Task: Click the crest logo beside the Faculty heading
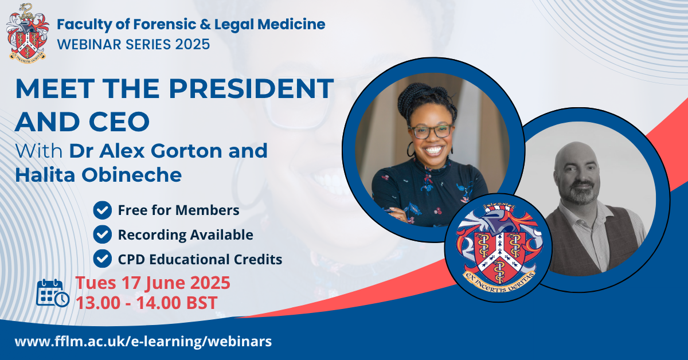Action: click(28, 33)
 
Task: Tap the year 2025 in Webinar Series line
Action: click(193, 45)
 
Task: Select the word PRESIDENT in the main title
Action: click(251, 88)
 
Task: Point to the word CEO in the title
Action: click(119, 122)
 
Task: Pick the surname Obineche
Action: click(131, 175)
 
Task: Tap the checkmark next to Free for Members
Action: click(102, 210)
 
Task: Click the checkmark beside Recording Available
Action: click(102, 234)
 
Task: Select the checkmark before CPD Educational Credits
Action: click(102, 259)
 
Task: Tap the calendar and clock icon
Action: click(53, 293)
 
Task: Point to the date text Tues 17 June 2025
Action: click(153, 283)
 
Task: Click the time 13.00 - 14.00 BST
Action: click(147, 303)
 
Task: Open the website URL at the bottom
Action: click(143, 342)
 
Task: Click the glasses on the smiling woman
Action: click(432, 131)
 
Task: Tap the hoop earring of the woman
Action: click(411, 149)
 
